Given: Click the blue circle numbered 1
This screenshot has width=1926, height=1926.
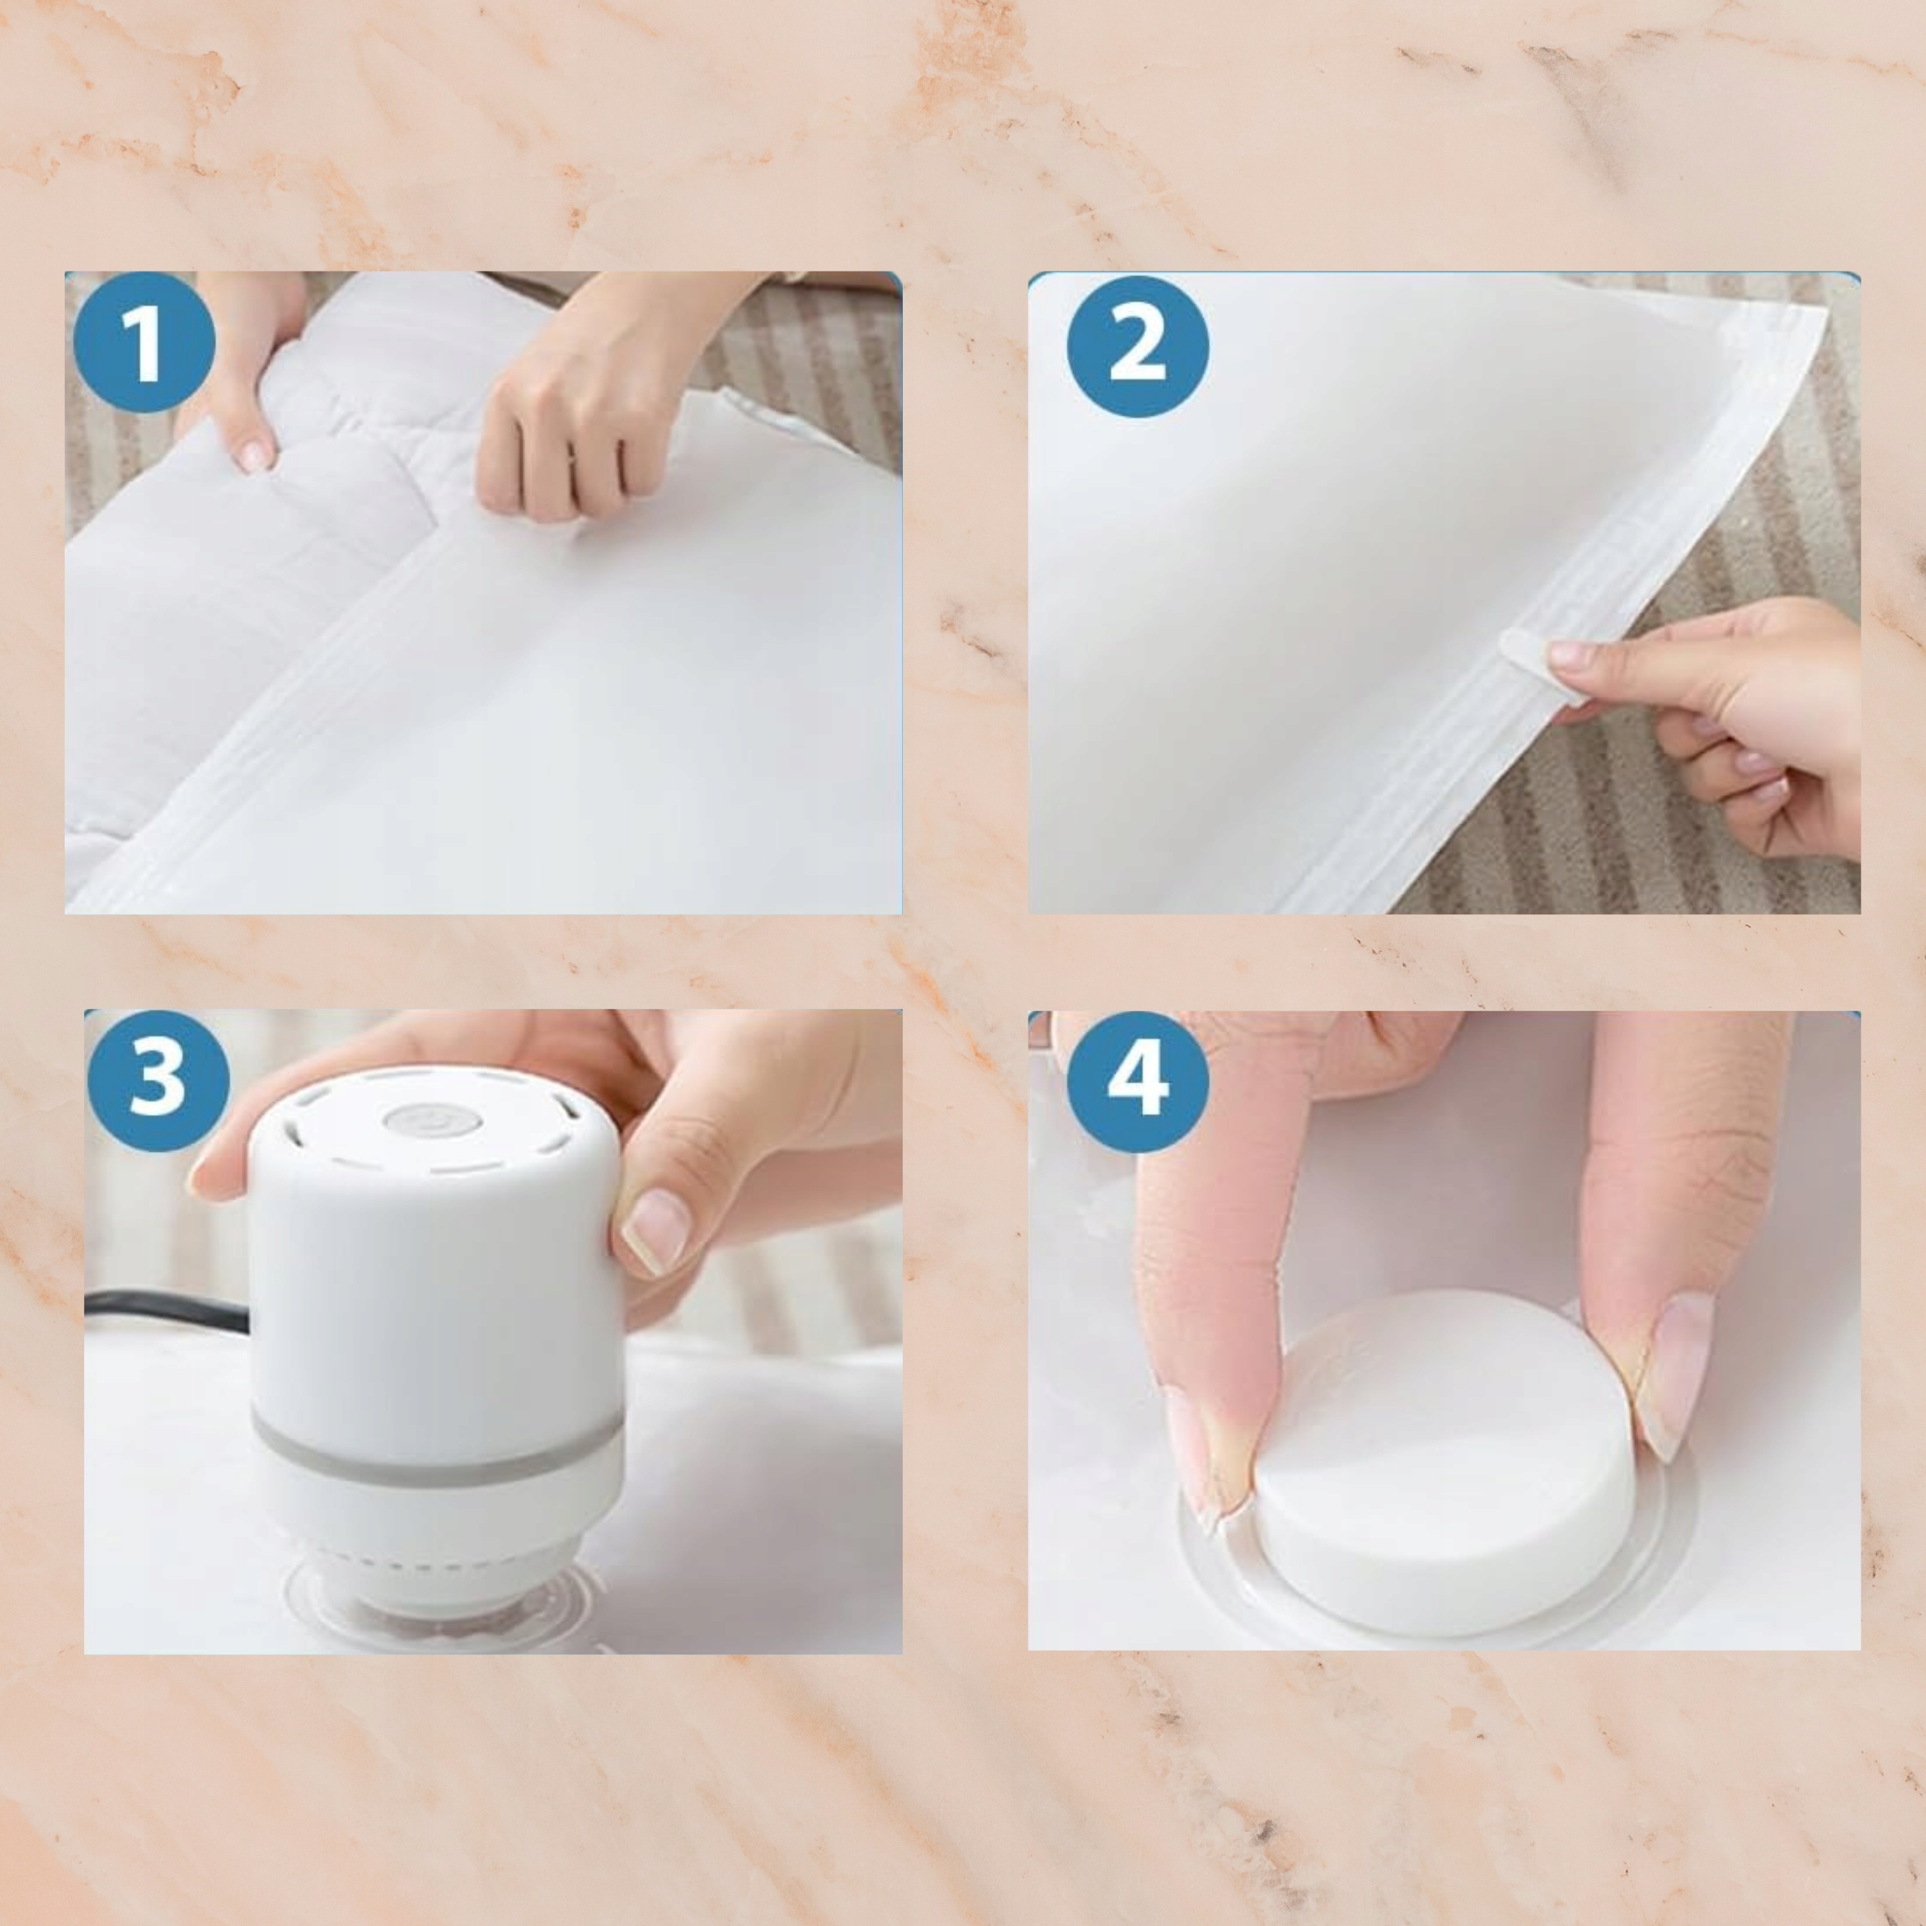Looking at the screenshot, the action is pyautogui.click(x=144, y=342).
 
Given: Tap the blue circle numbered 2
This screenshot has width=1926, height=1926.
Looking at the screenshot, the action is pyautogui.click(x=1138, y=347).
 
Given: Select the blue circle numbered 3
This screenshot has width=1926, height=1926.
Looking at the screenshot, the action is pyautogui.click(x=159, y=1080).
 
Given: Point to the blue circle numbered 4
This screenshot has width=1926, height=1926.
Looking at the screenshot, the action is pyautogui.click(x=1138, y=1080).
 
